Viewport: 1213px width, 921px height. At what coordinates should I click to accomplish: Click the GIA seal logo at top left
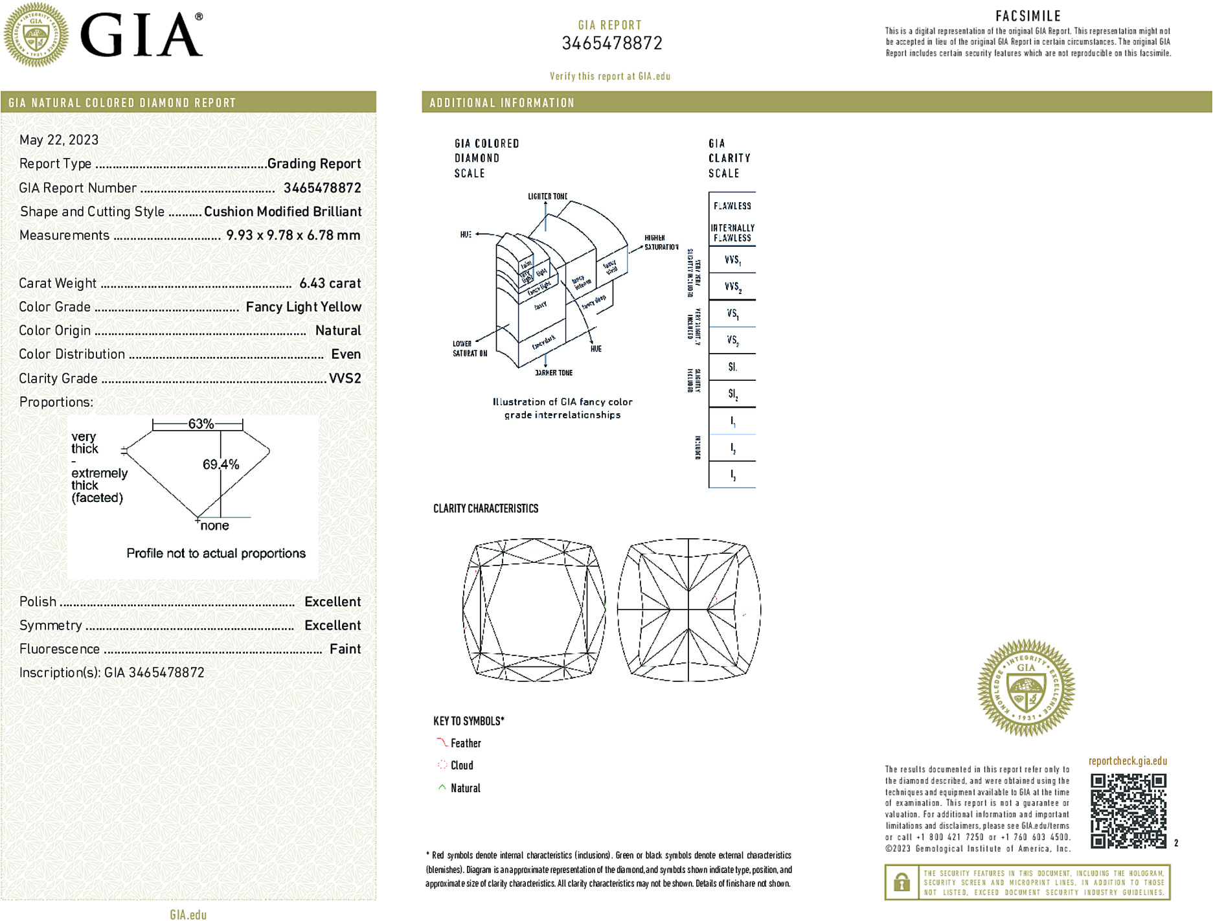(36, 34)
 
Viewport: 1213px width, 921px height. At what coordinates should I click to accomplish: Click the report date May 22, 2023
(59, 140)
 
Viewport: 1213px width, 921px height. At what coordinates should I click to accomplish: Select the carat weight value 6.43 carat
(330, 283)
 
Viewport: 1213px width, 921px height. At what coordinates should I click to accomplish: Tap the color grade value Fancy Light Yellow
(303, 307)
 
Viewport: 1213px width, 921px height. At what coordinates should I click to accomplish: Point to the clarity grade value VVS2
(345, 378)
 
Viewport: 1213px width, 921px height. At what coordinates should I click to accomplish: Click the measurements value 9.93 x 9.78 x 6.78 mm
(293, 235)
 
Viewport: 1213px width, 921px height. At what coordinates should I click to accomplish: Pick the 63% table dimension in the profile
(200, 424)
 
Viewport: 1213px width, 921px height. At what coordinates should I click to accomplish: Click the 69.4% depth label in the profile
(220, 464)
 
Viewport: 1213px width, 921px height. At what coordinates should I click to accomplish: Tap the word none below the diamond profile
(214, 526)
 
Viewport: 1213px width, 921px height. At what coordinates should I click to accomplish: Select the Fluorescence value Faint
(345, 649)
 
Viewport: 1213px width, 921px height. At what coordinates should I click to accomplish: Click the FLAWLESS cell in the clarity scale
(732, 206)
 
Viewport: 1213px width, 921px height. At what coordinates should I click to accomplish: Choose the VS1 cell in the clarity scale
(732, 313)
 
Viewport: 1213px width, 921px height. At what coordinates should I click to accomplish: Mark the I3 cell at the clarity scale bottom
(732, 475)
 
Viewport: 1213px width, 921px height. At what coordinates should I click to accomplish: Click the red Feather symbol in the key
(442, 742)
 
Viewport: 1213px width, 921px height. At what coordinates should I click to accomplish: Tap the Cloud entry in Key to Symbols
(461, 766)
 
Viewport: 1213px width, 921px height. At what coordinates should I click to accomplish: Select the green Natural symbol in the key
(442, 788)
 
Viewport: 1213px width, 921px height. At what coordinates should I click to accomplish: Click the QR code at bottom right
(1128, 810)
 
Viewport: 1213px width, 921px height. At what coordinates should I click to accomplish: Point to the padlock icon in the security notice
(901, 882)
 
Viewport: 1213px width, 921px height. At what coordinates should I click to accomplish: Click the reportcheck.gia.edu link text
(1127, 761)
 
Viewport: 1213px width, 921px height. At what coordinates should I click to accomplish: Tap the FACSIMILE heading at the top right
(1028, 16)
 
